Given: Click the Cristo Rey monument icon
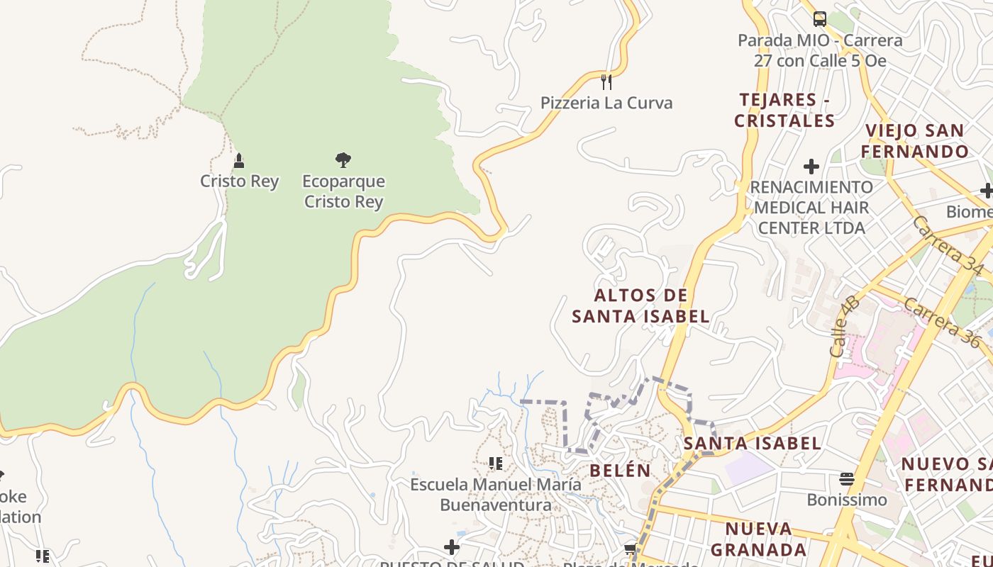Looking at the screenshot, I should coord(239,161).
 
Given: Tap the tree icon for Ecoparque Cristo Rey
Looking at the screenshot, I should coord(343,160).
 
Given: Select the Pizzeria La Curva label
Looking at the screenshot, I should coord(606,103).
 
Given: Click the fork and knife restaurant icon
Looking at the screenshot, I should coord(606,82).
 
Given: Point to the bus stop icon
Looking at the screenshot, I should coord(819,18).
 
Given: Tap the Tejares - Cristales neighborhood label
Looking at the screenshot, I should coord(784,110).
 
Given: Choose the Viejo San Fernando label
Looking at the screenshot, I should coord(915,140).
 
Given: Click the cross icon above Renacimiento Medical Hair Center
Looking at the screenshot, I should coord(811,167).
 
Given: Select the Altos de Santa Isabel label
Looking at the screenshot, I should coord(640,305).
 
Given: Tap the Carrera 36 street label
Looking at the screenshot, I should coord(941,322).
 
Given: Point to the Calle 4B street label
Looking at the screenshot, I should coord(844,327).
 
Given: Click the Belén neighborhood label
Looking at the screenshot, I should coord(620,470).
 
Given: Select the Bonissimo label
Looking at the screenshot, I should coord(847,500).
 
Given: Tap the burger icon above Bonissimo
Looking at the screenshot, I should coord(847,479).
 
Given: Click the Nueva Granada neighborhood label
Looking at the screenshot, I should coord(759,539).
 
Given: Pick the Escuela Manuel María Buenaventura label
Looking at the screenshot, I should coord(496,495).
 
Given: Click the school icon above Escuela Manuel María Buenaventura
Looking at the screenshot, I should coord(496,464).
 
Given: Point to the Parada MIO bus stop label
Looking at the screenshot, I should coord(820,50).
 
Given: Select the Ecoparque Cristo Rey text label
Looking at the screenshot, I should coord(343,191).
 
